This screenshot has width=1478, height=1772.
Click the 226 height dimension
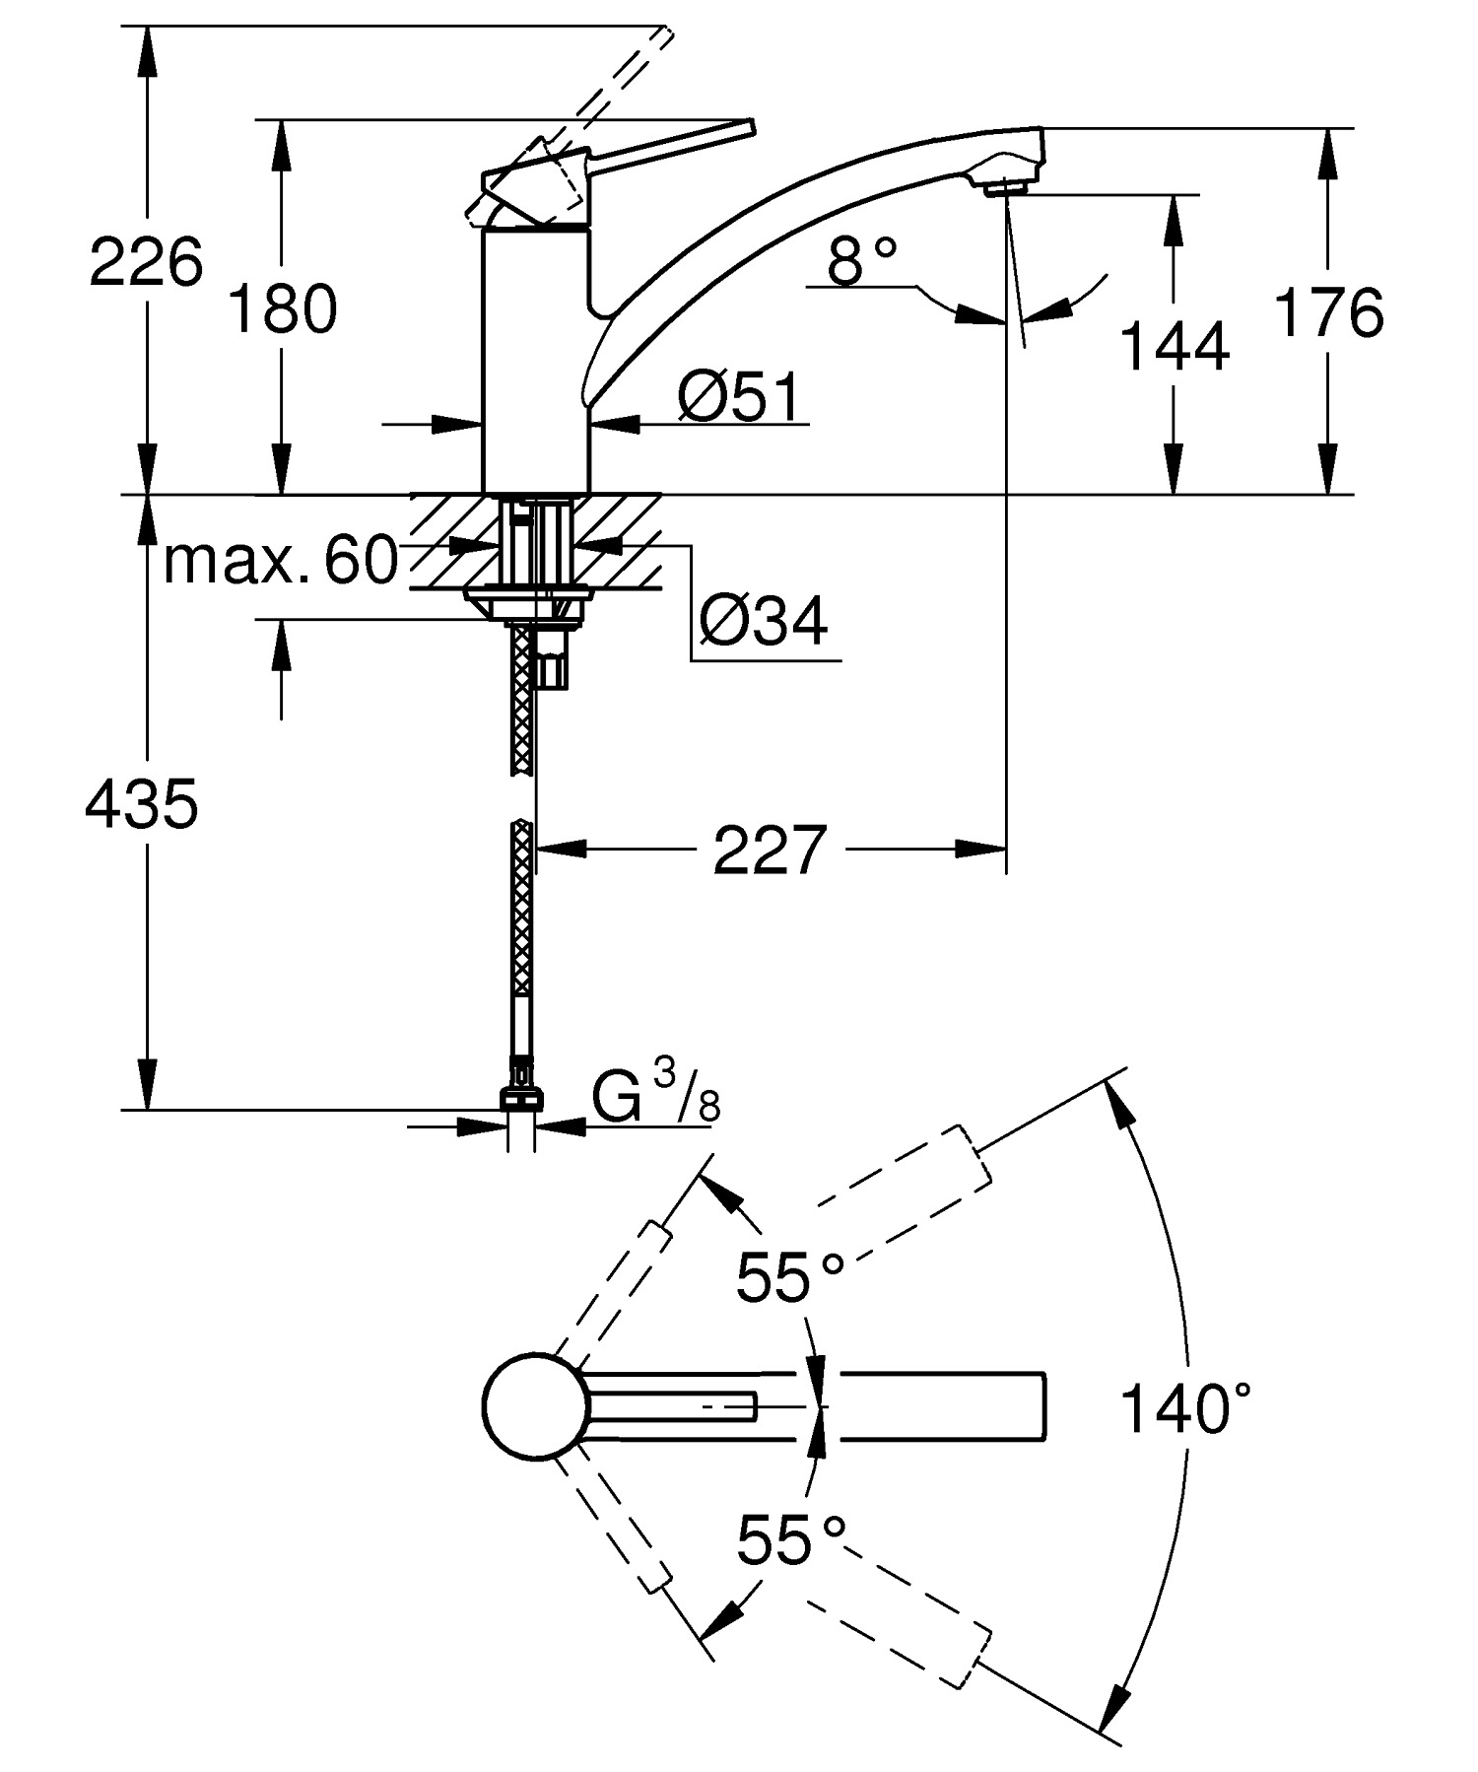pos(146,263)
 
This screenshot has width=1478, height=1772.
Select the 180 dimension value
pos(283,308)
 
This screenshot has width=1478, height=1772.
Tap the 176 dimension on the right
pos(1329,313)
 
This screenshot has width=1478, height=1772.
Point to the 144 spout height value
pos(1175,346)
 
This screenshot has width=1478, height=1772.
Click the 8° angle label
pos(862,262)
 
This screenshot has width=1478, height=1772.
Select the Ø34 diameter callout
pos(764,620)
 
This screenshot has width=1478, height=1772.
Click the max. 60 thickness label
pos(281,562)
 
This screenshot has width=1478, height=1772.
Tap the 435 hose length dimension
pos(142,803)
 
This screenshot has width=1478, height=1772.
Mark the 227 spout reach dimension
pos(768,851)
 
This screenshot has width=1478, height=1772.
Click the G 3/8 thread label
pos(655,1098)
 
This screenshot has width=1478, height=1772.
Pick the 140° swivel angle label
pos(1185,1407)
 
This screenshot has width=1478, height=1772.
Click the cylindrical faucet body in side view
pos(534,360)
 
